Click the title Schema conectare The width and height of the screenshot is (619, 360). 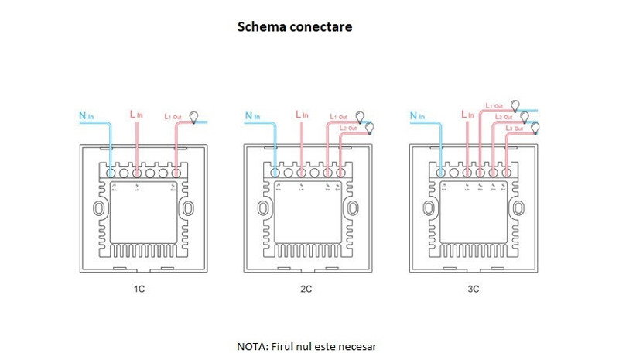(x=294, y=26)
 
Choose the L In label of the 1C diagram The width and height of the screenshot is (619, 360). (x=136, y=115)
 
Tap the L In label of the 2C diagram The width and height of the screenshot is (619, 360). (x=303, y=115)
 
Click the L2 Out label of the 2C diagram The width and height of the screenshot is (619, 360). (x=348, y=127)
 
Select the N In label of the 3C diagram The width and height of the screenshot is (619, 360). (x=416, y=116)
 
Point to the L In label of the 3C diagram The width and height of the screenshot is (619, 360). (x=466, y=115)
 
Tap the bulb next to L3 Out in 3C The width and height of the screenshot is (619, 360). (x=534, y=127)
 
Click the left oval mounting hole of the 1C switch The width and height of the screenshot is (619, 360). (x=97, y=209)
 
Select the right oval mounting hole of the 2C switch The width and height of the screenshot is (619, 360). (x=353, y=209)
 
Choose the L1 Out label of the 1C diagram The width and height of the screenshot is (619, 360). (x=174, y=116)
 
